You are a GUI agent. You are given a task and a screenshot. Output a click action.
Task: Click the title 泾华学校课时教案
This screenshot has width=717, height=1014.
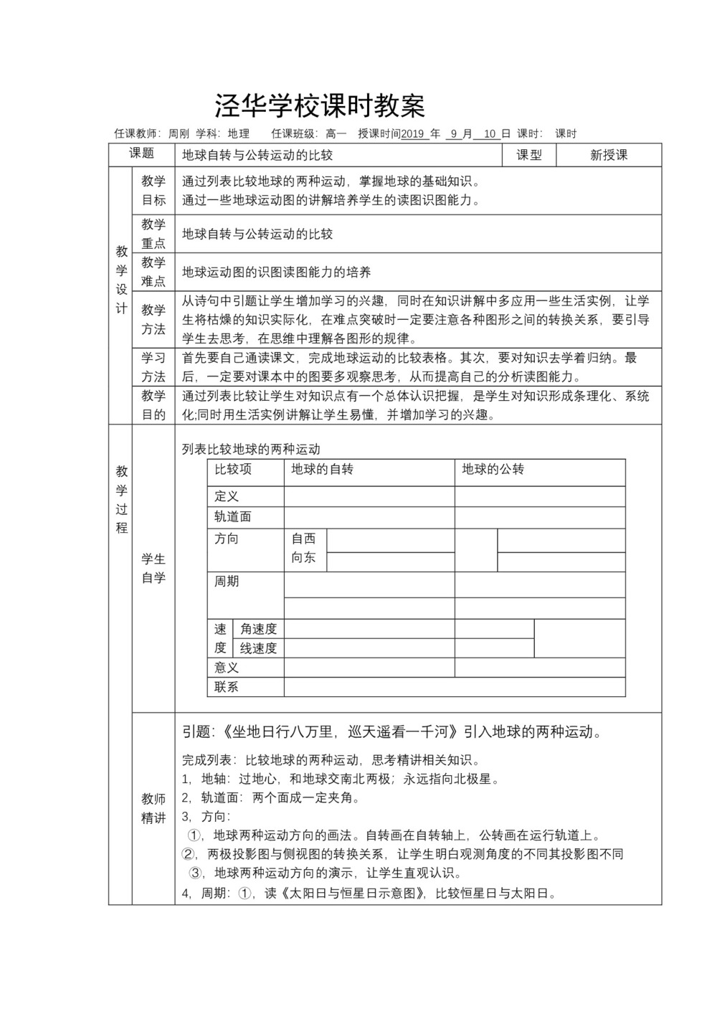[320, 106]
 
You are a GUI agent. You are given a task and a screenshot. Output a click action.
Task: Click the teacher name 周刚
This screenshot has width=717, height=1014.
[179, 133]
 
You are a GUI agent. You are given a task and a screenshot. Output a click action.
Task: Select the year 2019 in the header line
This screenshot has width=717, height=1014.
[414, 133]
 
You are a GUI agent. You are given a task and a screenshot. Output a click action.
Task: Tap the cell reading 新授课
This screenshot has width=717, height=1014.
[609, 155]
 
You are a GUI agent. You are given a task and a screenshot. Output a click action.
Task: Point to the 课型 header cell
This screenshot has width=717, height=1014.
[529, 155]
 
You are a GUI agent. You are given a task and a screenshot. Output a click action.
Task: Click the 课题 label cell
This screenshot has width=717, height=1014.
[141, 153]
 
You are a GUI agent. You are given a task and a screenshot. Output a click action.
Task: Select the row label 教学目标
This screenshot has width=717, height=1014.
[153, 190]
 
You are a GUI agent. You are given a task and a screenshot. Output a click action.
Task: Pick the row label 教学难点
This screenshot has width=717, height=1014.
[153, 271]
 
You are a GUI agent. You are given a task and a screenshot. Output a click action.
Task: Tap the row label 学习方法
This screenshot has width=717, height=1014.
[153, 366]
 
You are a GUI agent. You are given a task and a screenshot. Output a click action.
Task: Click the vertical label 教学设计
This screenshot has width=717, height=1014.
[121, 280]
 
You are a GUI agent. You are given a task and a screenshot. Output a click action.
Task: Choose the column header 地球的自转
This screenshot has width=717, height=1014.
[322, 469]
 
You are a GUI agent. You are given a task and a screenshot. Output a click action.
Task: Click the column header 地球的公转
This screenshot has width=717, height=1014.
[493, 469]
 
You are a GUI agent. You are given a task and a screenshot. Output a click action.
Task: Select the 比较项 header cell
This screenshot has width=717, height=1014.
[233, 469]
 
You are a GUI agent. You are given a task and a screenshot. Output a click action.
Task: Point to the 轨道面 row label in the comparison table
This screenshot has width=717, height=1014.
[233, 516]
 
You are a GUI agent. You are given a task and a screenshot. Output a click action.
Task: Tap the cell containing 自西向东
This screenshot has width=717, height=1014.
[303, 548]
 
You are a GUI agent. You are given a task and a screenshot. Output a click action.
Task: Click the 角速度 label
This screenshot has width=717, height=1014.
[258, 629]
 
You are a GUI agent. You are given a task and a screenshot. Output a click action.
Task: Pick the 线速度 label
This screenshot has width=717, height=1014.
[258, 648]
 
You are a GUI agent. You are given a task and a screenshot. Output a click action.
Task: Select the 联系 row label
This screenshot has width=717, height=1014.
[227, 686]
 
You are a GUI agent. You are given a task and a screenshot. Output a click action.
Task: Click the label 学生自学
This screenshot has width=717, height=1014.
[153, 568]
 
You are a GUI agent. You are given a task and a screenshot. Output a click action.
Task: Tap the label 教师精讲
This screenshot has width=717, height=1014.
[153, 808]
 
